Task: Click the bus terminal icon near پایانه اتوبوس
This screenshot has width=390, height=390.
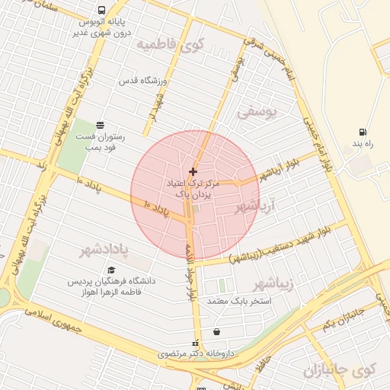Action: point(101,11)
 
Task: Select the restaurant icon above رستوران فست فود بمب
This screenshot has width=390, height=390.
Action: point(100,125)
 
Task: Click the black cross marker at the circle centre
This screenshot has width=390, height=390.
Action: point(192,171)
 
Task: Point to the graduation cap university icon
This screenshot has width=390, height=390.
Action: point(111,270)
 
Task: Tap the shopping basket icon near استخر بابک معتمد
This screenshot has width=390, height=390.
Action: point(217,332)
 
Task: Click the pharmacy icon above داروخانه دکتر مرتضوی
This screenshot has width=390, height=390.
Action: point(196,343)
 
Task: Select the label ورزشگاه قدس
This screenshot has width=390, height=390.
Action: point(148,81)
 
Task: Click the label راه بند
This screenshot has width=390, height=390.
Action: point(360,144)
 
